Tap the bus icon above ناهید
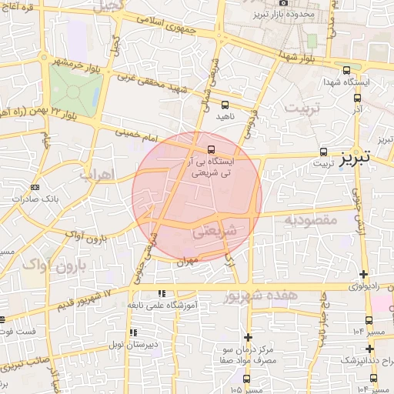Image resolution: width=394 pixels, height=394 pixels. pyautogui.click(x=225, y=104)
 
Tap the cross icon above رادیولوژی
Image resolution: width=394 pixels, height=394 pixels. pyautogui.click(x=364, y=275)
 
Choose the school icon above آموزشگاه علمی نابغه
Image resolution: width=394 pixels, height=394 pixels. pyautogui.click(x=161, y=293)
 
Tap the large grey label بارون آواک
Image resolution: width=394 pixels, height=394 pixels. pyautogui.click(x=45, y=265)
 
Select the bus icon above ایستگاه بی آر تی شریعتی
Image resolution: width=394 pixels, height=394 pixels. pyautogui.click(x=211, y=150)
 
